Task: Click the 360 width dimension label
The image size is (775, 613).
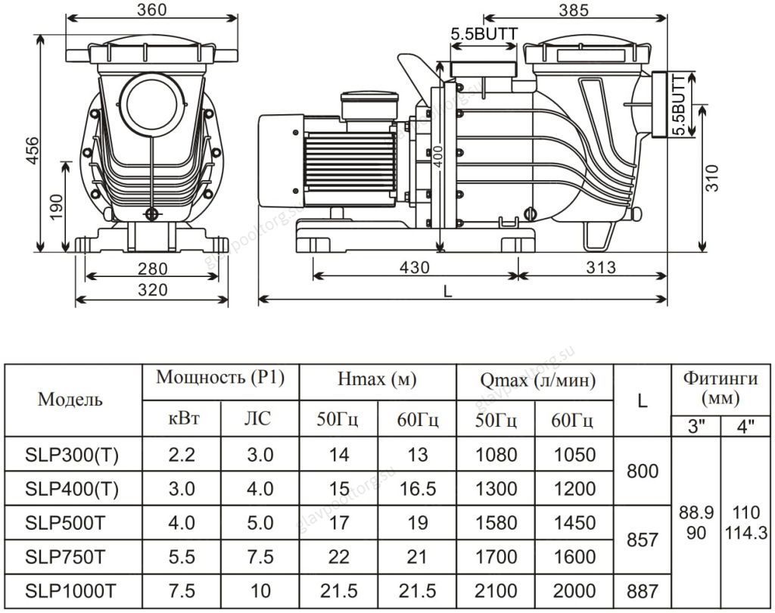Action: coord(151,10)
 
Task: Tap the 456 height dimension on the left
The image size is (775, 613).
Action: coord(32,151)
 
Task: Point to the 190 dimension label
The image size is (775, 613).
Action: coord(56,207)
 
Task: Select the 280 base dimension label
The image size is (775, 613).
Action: coord(153,269)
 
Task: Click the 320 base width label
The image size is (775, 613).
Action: coord(153,290)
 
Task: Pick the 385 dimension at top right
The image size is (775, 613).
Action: coord(574,10)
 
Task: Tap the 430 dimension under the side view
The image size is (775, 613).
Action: coord(414,267)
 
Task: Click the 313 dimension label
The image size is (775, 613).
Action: coord(601,267)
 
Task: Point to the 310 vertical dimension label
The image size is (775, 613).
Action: coord(711,178)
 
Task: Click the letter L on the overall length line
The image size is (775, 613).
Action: coord(448,291)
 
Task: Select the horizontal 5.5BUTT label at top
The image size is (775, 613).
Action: coord(484,34)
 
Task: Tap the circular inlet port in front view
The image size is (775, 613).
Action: coord(151,104)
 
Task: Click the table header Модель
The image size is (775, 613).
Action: coord(70,400)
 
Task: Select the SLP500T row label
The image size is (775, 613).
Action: coord(65,523)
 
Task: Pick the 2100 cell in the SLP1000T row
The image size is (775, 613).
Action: coord(496,591)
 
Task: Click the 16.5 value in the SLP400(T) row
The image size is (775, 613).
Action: coord(418,489)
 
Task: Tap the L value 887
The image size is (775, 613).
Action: coord(643,591)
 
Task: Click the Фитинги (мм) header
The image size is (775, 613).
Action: coord(721,387)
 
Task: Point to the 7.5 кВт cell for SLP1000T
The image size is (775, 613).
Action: coord(182,591)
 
